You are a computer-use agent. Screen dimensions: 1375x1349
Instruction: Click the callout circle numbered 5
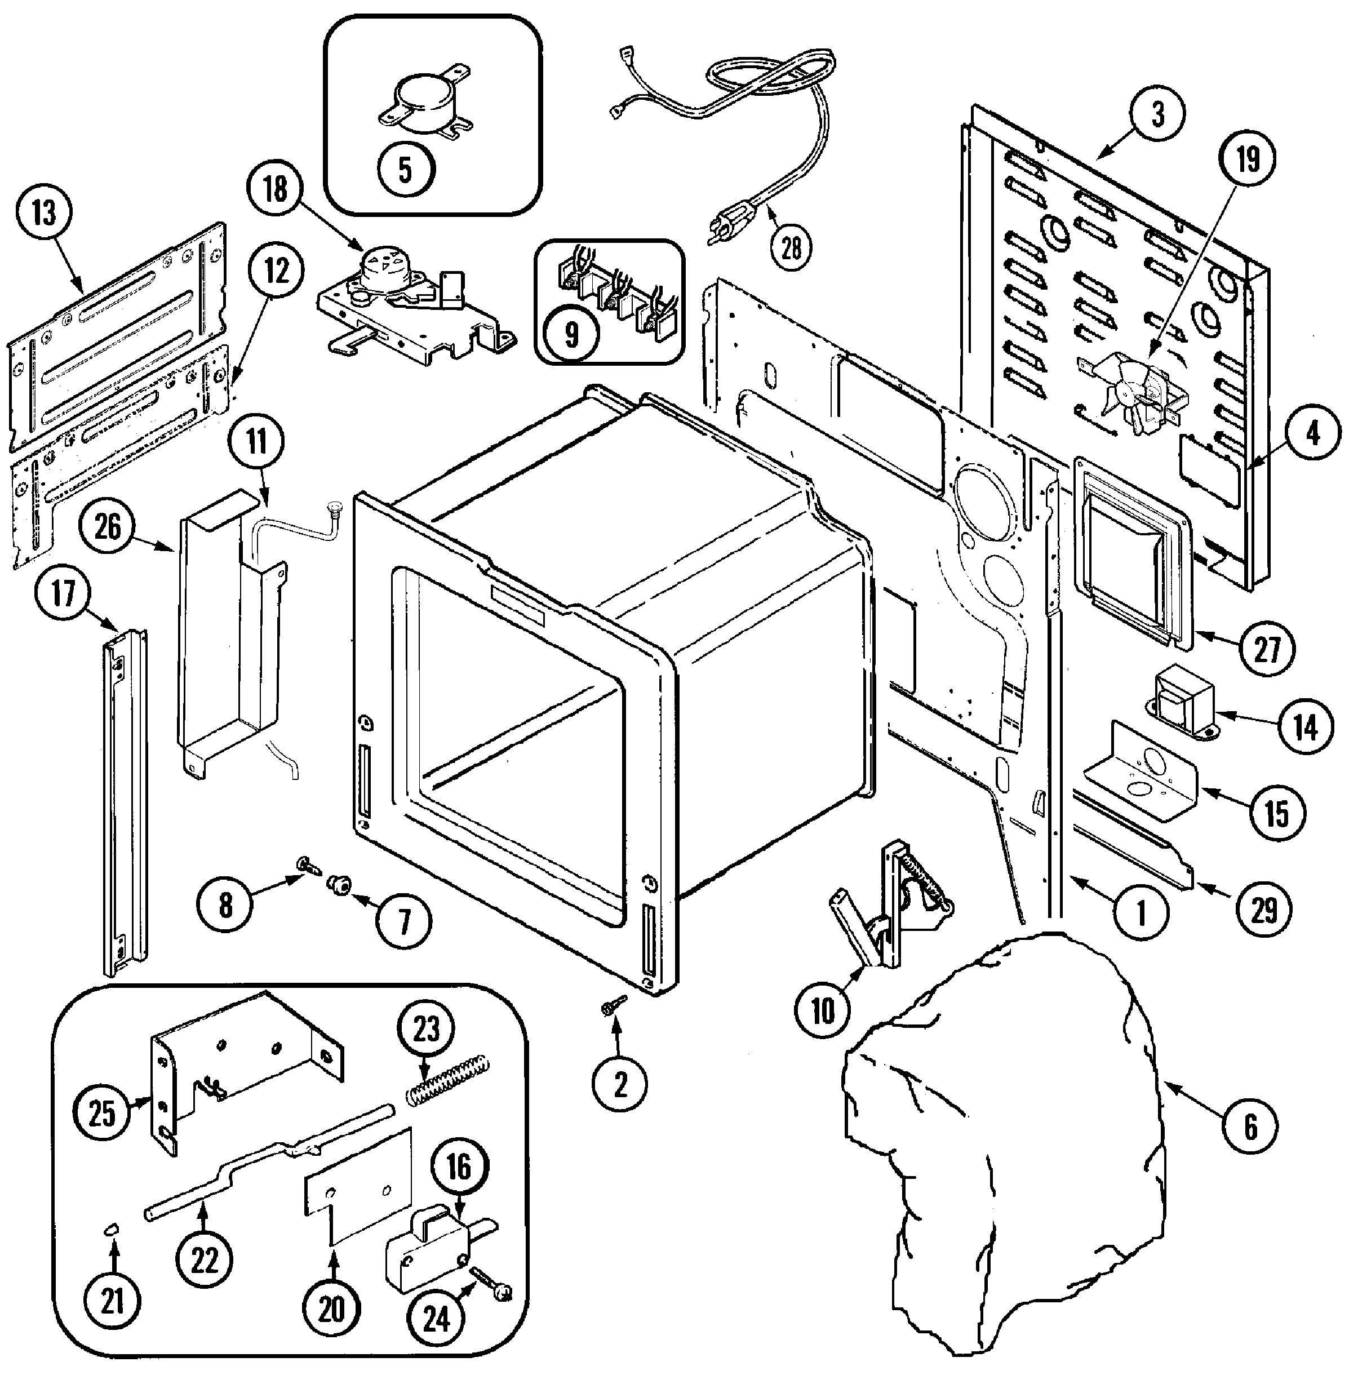[405, 170]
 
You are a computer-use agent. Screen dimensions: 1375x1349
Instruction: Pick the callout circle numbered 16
[459, 1166]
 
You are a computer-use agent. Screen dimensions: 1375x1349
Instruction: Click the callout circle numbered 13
[45, 213]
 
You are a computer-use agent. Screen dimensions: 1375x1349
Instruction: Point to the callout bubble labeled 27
[1266, 649]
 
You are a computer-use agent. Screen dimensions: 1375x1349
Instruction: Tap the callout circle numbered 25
[101, 1113]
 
